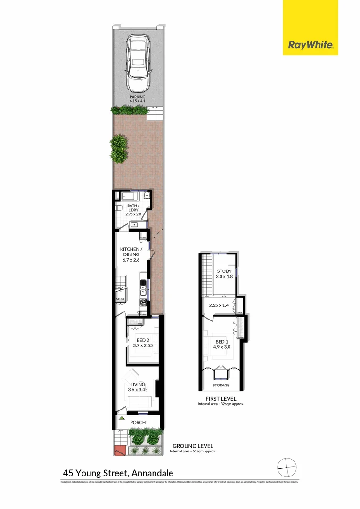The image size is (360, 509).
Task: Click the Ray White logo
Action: (x=311, y=46)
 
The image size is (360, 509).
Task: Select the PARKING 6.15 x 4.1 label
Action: (x=138, y=98)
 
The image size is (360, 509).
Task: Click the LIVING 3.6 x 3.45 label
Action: (x=138, y=387)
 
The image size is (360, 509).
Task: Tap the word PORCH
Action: (x=138, y=422)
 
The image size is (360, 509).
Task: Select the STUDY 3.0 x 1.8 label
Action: (x=224, y=274)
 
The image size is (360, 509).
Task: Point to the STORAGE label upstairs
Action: (x=221, y=385)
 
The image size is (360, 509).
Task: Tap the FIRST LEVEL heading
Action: (x=221, y=399)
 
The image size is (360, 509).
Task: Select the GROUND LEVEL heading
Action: (x=193, y=446)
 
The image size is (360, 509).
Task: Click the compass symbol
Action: (x=286, y=468)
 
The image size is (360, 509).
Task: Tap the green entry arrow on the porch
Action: (x=122, y=418)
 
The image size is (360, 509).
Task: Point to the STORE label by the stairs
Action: (x=121, y=299)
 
